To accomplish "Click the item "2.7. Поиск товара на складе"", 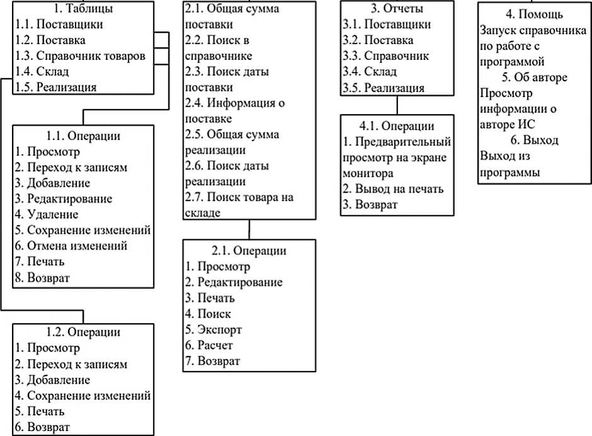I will click(239, 205).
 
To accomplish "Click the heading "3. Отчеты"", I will click(397, 9).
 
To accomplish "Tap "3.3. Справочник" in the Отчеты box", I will click(386, 56).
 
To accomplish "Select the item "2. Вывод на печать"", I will click(394, 188).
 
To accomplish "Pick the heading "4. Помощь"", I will click(534, 14).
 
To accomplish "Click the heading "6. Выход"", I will click(534, 140).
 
